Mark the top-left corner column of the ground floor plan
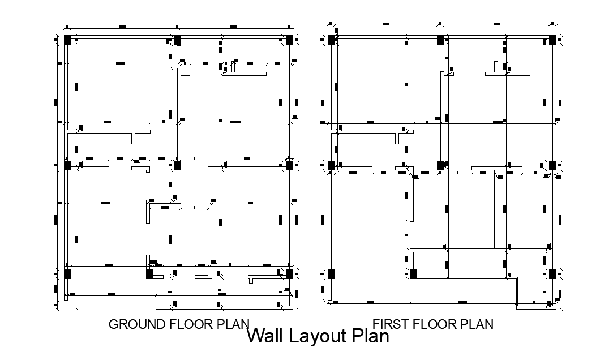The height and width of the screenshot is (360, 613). (68, 40)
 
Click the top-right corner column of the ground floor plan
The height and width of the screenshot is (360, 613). (289, 40)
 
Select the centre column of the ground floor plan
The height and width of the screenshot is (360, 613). (177, 165)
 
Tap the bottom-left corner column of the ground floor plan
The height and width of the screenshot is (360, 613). (68, 274)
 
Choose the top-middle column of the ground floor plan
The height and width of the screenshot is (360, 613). (177, 40)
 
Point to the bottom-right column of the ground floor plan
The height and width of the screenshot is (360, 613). (289, 274)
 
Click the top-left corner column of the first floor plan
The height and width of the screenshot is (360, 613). (332, 40)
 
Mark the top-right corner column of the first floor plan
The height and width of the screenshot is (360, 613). (552, 40)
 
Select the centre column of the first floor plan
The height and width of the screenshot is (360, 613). (440, 165)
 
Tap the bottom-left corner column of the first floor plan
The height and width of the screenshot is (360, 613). (332, 274)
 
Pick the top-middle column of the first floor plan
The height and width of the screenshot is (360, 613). (440, 40)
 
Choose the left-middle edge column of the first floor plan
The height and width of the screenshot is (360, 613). (332, 165)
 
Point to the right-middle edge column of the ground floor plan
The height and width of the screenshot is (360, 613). (289, 165)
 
